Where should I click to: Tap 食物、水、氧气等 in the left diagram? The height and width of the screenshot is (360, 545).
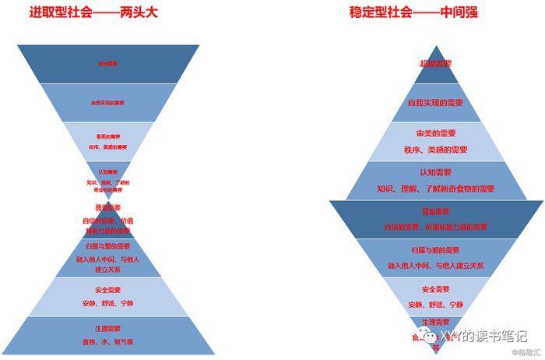tap(108, 342)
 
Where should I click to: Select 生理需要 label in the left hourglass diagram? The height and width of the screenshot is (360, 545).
tap(108, 329)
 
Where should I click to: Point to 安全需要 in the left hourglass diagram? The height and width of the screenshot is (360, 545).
tap(108, 290)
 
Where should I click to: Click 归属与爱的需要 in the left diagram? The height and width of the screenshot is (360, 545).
tap(108, 247)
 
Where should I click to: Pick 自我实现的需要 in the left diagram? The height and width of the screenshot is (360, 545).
tap(108, 102)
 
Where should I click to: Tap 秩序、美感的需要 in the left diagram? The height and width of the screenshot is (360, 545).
tap(108, 146)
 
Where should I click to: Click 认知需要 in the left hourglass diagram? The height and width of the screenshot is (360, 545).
tap(108, 171)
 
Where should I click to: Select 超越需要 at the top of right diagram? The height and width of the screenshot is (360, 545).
tap(435, 64)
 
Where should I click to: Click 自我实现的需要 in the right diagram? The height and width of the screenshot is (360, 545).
tap(435, 103)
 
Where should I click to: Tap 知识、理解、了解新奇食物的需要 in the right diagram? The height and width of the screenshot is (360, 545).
tap(435, 189)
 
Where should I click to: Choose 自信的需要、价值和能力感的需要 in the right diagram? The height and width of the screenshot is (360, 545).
tap(435, 227)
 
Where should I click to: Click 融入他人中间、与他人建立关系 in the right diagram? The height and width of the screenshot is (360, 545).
tap(435, 266)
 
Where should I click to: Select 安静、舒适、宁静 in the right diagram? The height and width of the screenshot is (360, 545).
tap(435, 304)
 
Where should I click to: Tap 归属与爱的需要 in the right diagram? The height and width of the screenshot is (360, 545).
tap(435, 250)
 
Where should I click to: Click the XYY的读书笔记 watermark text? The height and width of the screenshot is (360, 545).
tap(482, 336)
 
